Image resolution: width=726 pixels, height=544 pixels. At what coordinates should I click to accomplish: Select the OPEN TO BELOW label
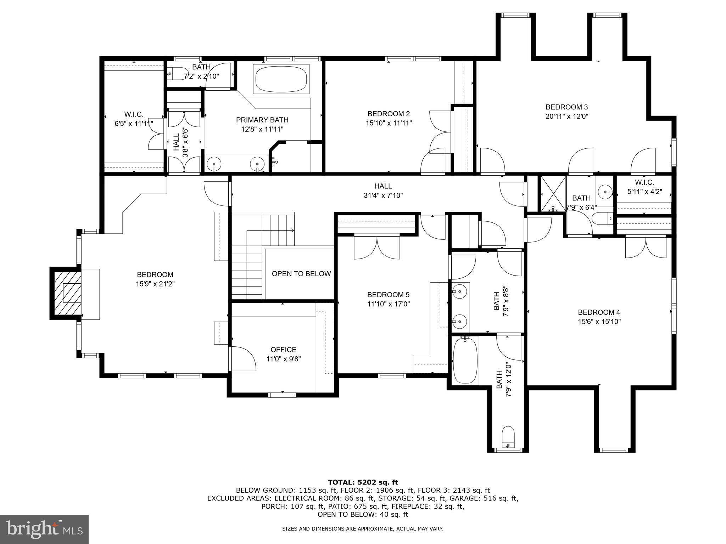tap(301, 274)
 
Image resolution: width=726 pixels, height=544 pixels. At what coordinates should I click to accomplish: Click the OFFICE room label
tap(283, 350)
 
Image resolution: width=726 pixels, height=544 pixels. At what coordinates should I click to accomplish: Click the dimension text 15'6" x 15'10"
tap(599, 322)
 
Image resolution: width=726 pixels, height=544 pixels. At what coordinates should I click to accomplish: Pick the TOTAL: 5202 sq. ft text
tap(363, 482)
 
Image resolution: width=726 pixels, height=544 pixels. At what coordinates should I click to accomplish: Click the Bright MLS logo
tap(44, 529)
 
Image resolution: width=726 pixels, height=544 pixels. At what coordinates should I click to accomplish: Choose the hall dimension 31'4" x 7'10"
tap(383, 195)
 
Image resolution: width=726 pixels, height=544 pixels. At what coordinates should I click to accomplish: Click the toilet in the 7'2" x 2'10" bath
tap(176, 74)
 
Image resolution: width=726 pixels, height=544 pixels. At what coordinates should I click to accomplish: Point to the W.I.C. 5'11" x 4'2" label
tap(644, 187)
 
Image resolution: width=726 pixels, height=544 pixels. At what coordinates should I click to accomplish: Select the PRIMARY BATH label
tap(262, 120)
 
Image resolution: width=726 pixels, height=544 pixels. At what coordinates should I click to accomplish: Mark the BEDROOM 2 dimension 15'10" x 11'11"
tap(389, 123)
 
